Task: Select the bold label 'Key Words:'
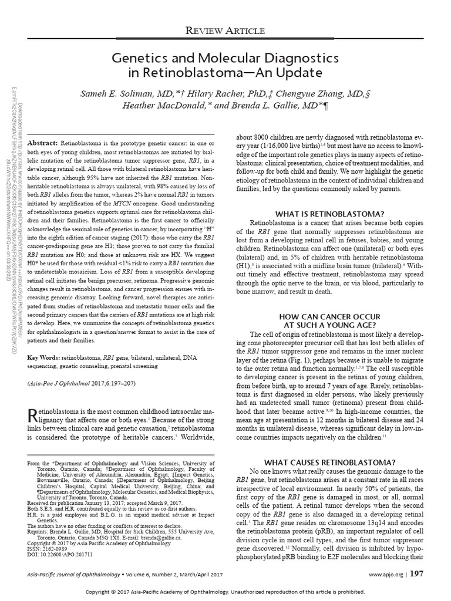tap(43, 357)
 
